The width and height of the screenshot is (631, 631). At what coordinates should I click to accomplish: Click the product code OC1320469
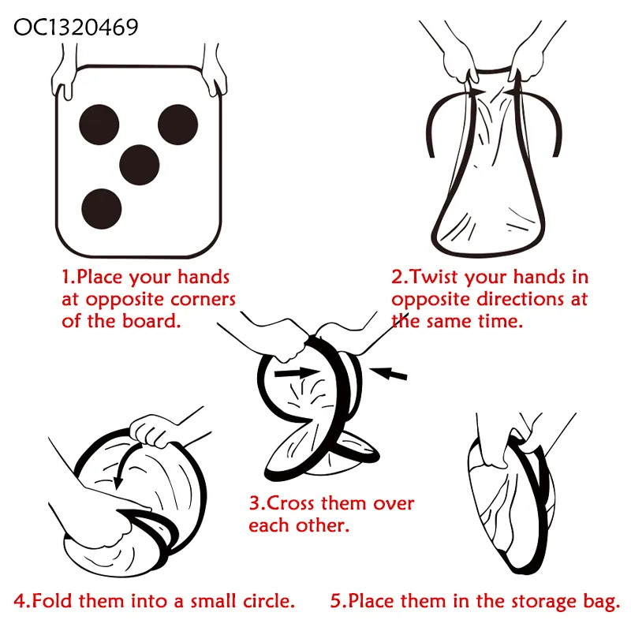tap(76, 28)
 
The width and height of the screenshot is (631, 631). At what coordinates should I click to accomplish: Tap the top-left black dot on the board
tap(99, 125)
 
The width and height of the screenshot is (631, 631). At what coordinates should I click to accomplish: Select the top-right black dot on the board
tap(178, 125)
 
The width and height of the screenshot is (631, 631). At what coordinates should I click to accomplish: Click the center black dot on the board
tap(140, 165)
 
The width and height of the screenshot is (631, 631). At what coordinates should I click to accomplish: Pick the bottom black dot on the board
tap(102, 209)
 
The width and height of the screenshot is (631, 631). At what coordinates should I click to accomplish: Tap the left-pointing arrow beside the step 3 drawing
tap(388, 373)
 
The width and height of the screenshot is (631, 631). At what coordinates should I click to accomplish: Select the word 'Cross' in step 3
tap(290, 503)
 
